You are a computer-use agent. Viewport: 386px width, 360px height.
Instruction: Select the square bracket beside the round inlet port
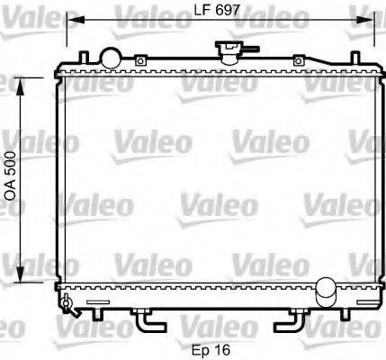(x=141, y=60)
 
